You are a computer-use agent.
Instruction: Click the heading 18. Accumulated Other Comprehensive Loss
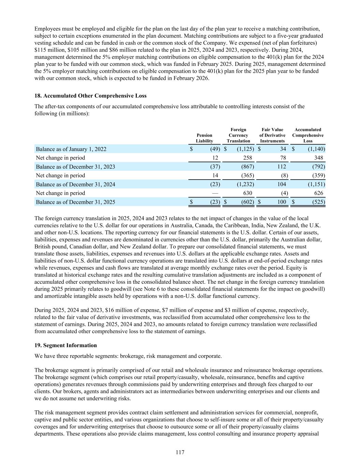(x=90, y=96)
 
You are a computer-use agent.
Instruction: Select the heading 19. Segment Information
(x=66, y=345)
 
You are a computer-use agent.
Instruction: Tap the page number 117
(x=180, y=452)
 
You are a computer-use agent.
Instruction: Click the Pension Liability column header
(x=204, y=138)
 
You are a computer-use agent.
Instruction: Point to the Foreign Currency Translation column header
(x=238, y=135)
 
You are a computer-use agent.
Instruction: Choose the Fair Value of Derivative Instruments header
(x=272, y=135)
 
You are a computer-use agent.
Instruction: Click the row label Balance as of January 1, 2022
(x=71, y=149)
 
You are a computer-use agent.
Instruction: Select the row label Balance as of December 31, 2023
(x=75, y=167)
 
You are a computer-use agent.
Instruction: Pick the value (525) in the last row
(x=318, y=202)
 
